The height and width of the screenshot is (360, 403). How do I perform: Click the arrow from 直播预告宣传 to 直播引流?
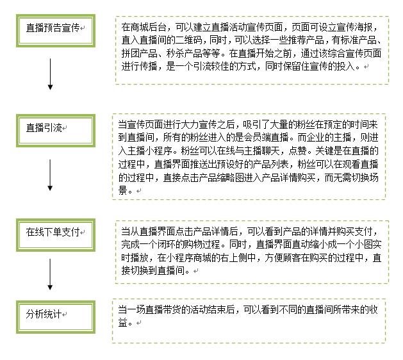[x=51, y=74]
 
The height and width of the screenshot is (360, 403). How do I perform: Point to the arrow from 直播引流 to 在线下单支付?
[x=50, y=175]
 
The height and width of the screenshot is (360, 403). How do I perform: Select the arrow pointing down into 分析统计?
[x=50, y=274]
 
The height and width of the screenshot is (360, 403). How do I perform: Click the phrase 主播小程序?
[x=150, y=151]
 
